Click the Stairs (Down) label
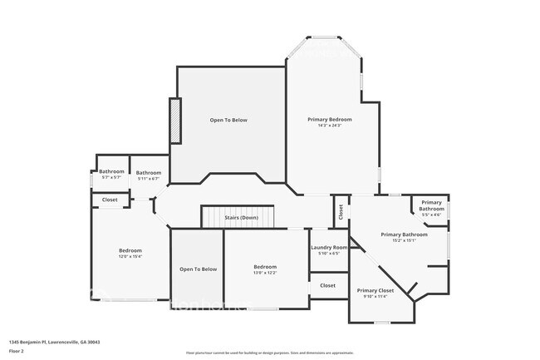click(x=241, y=218)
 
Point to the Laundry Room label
click(x=329, y=248)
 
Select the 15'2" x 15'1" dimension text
click(x=404, y=240)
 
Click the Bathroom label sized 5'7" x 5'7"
click(x=111, y=172)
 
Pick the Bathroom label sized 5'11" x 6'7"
click(x=148, y=172)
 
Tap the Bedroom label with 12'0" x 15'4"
click(x=130, y=251)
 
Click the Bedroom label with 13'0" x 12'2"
click(x=265, y=267)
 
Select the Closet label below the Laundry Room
click(x=328, y=285)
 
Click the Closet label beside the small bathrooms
click(x=110, y=200)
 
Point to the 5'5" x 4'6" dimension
click(x=431, y=215)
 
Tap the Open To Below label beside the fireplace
click(x=228, y=121)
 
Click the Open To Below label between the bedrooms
click(x=198, y=269)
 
